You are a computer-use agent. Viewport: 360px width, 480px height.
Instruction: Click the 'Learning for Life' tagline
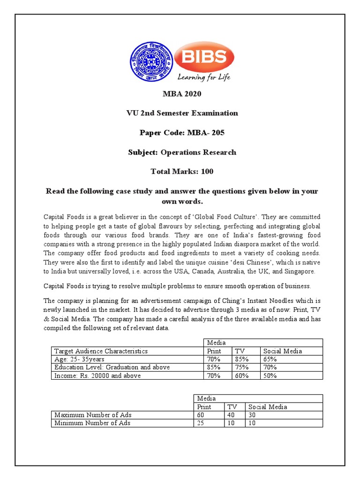click(203, 76)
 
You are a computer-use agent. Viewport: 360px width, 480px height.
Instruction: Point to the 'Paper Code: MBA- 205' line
click(182, 133)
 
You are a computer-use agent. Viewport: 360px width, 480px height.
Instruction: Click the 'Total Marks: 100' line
click(182, 172)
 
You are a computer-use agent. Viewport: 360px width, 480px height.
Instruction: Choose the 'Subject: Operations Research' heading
click(182, 152)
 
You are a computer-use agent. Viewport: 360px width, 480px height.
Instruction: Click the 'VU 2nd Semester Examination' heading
click(182, 113)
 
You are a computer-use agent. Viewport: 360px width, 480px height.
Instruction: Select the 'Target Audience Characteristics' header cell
click(101, 351)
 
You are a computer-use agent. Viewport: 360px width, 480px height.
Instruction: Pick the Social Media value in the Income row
click(270, 375)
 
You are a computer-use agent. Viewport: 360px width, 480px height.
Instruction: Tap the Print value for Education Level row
click(214, 367)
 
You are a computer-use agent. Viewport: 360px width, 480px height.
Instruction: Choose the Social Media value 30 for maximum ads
click(253, 415)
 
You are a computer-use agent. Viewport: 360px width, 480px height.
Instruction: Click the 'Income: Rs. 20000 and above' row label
click(97, 375)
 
